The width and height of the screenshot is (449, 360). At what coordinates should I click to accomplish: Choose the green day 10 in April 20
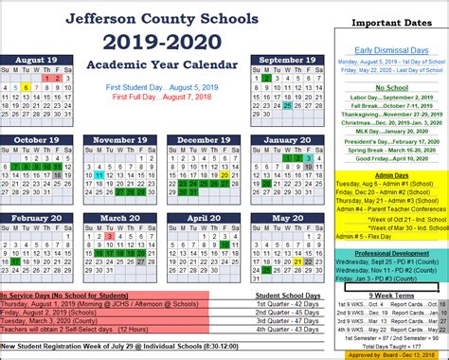click(225, 254)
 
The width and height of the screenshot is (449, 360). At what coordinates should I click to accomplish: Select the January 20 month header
click(281, 140)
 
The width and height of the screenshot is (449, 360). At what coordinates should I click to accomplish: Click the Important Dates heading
click(386, 22)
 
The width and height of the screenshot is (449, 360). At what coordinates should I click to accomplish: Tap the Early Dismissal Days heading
click(386, 48)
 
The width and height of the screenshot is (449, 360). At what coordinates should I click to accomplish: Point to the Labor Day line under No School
click(386, 97)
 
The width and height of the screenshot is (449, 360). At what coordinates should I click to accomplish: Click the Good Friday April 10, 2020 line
click(386, 160)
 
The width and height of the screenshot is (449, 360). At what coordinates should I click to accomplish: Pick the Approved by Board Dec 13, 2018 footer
click(386, 354)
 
